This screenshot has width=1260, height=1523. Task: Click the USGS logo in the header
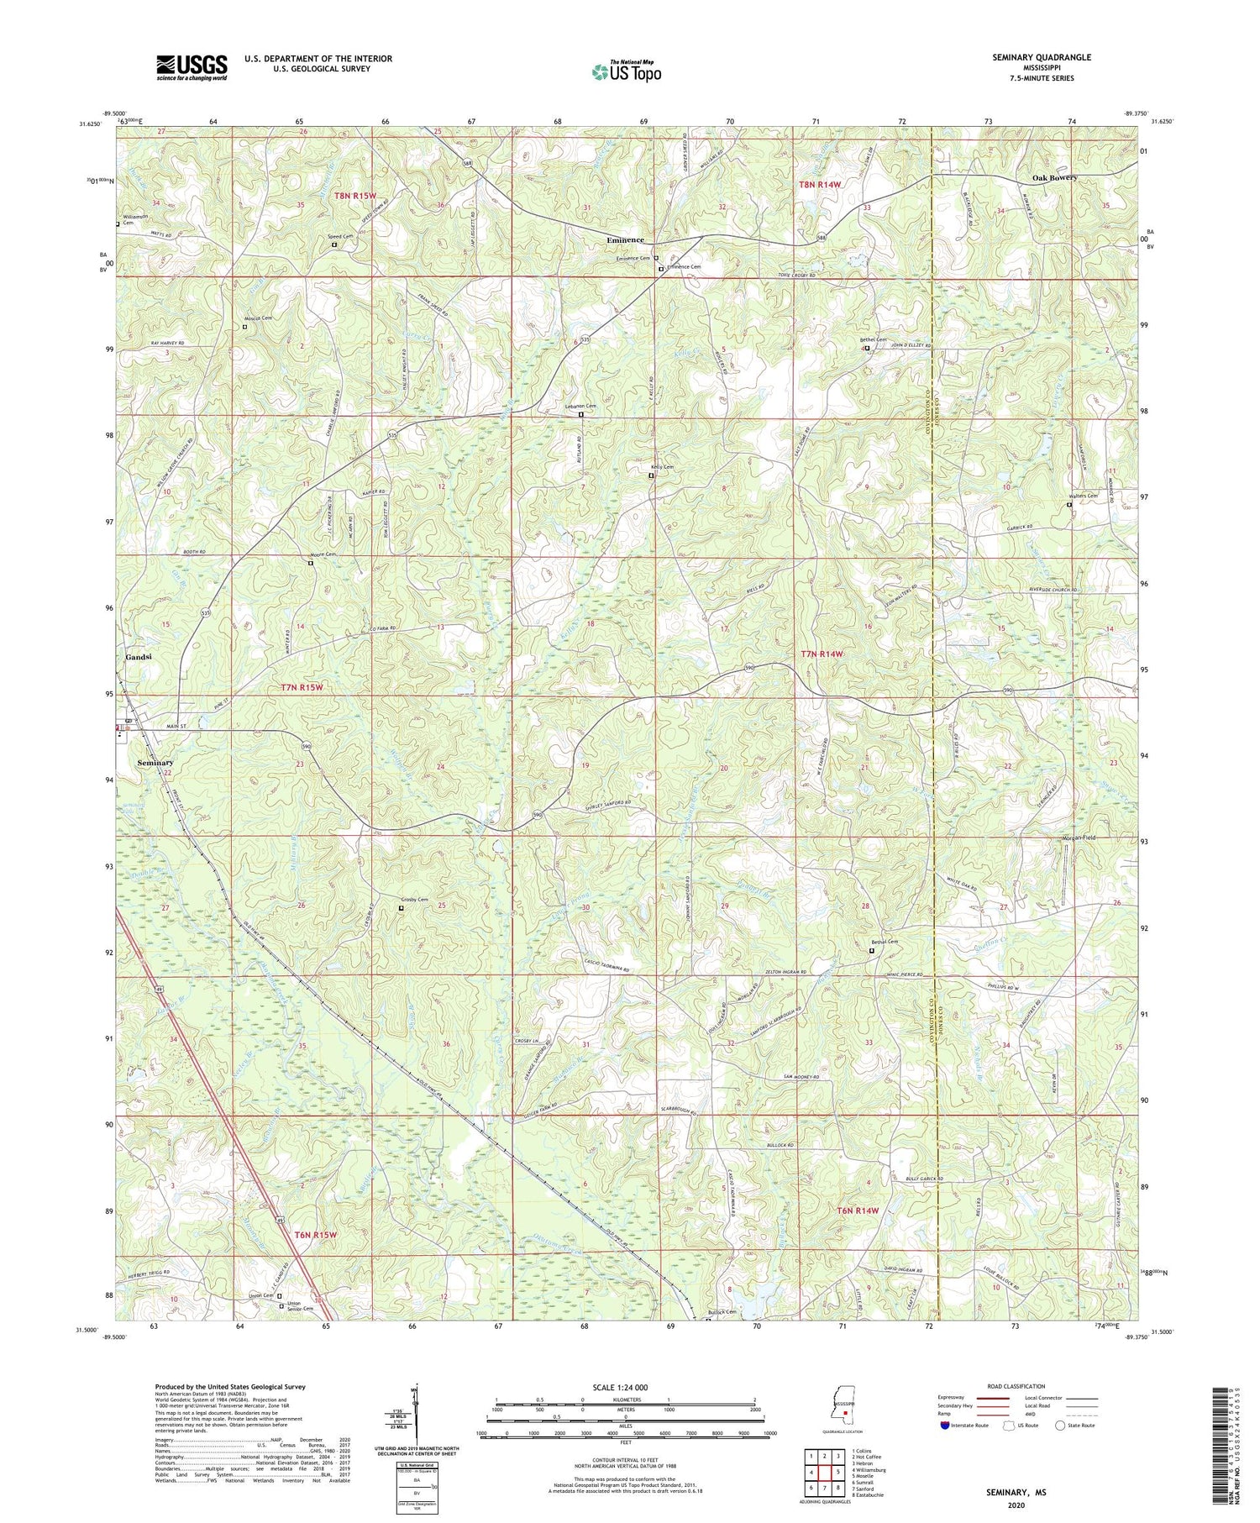pyautogui.click(x=192, y=67)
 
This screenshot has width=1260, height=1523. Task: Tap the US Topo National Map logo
pyautogui.click(x=626, y=71)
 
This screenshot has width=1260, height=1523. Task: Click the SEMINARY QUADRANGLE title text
pyautogui.click(x=1042, y=57)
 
